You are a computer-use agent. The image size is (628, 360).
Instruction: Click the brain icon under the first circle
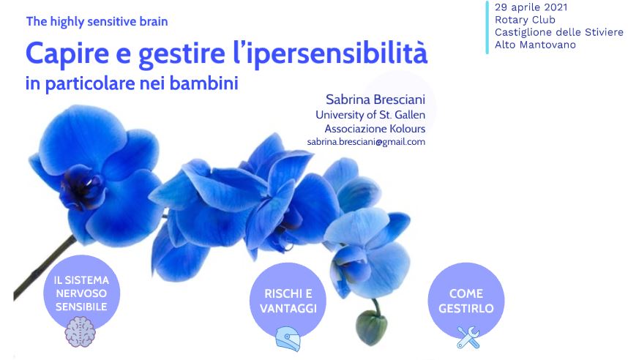80,331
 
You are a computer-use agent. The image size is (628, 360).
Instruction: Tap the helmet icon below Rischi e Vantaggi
288,338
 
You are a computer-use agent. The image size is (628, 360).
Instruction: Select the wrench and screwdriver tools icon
468,337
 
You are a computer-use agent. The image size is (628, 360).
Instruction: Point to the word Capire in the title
67,53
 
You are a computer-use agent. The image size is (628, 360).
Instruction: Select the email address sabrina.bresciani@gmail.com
366,142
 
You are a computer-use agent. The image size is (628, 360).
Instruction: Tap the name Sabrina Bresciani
375,99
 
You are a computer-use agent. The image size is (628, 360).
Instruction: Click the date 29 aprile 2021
531,7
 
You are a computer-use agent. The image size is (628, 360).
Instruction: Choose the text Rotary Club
525,20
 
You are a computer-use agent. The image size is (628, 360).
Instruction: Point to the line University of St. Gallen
370,115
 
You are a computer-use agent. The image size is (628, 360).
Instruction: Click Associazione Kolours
375,129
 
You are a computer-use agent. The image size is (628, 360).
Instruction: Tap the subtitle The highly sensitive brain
97,21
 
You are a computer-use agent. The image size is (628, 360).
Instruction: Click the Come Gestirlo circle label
466,301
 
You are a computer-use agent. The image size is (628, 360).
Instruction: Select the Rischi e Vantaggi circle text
288,301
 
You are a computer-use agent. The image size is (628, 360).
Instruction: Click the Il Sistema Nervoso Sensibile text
81,293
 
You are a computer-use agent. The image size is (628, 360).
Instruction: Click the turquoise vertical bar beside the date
487,27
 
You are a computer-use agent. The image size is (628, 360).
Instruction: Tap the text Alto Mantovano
535,45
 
